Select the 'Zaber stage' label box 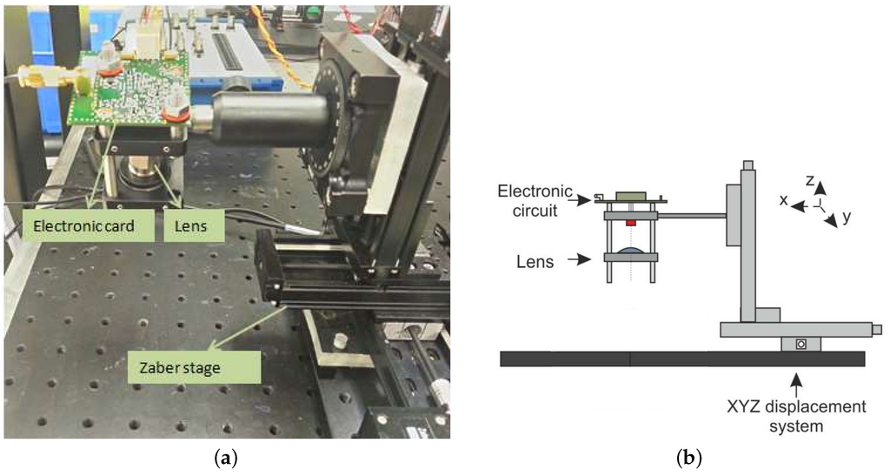[193, 367]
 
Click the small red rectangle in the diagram [631, 223]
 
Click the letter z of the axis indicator [809, 179]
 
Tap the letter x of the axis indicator [783, 200]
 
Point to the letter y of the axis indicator [846, 217]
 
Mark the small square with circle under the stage [800, 344]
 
